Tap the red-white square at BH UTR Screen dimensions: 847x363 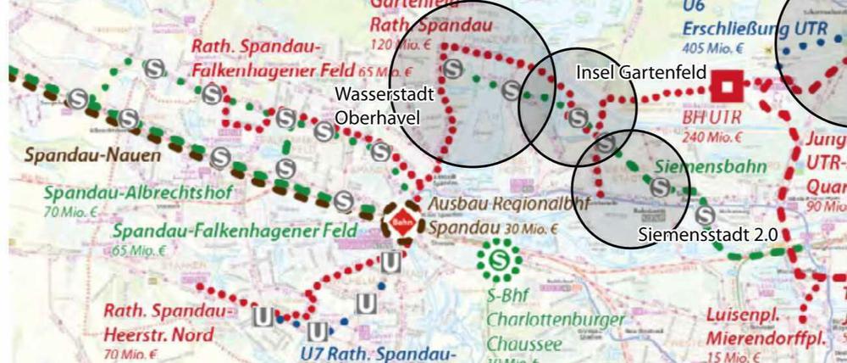[x=727, y=86]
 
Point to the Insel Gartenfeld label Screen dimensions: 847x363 [x=640, y=73]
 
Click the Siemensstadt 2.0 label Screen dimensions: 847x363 [x=707, y=234]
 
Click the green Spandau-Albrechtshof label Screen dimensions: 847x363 [x=127, y=193]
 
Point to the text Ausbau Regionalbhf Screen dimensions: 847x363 [x=495, y=206]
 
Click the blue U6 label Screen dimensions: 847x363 [x=694, y=6]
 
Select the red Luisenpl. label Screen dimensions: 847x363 [x=739, y=316]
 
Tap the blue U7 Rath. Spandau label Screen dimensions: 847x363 [x=380, y=353]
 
